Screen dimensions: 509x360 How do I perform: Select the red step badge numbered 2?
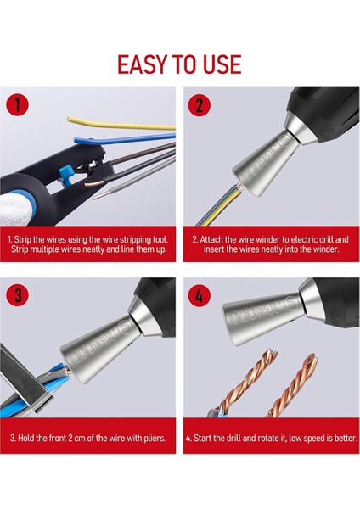[200, 105]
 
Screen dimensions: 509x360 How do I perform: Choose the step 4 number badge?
[200, 296]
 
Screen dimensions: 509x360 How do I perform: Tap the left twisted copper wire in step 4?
[229, 390]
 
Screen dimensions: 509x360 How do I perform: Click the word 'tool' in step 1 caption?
[162, 239]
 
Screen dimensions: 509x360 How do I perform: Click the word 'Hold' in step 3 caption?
[27, 439]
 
